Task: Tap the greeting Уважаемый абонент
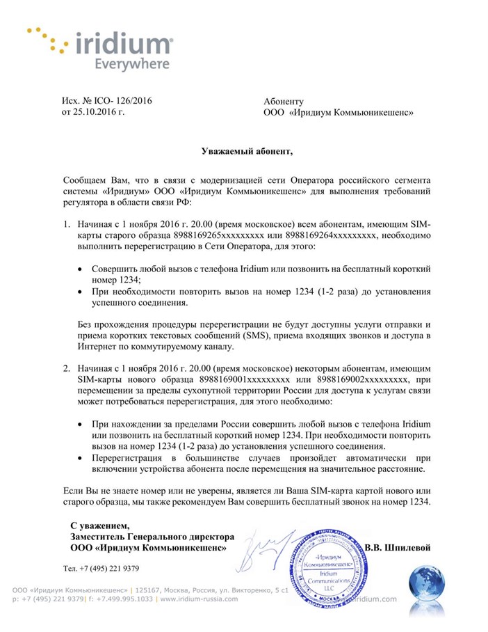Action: point(243,150)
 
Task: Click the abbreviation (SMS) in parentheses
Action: point(241,336)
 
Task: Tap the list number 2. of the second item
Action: point(67,368)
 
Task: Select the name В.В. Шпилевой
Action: point(398,548)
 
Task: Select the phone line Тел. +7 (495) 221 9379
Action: point(101,569)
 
